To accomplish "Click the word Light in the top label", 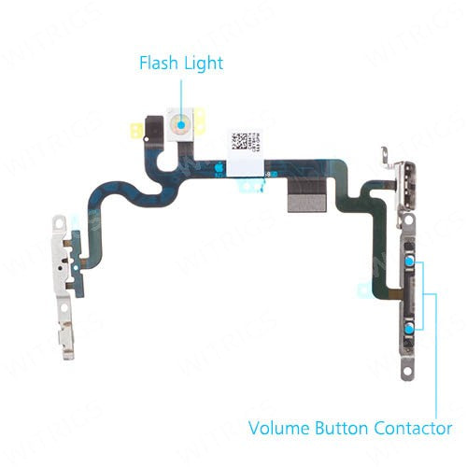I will click(x=203, y=64).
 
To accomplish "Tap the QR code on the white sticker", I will click(x=241, y=141).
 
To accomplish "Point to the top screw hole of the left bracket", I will click(x=59, y=225).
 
